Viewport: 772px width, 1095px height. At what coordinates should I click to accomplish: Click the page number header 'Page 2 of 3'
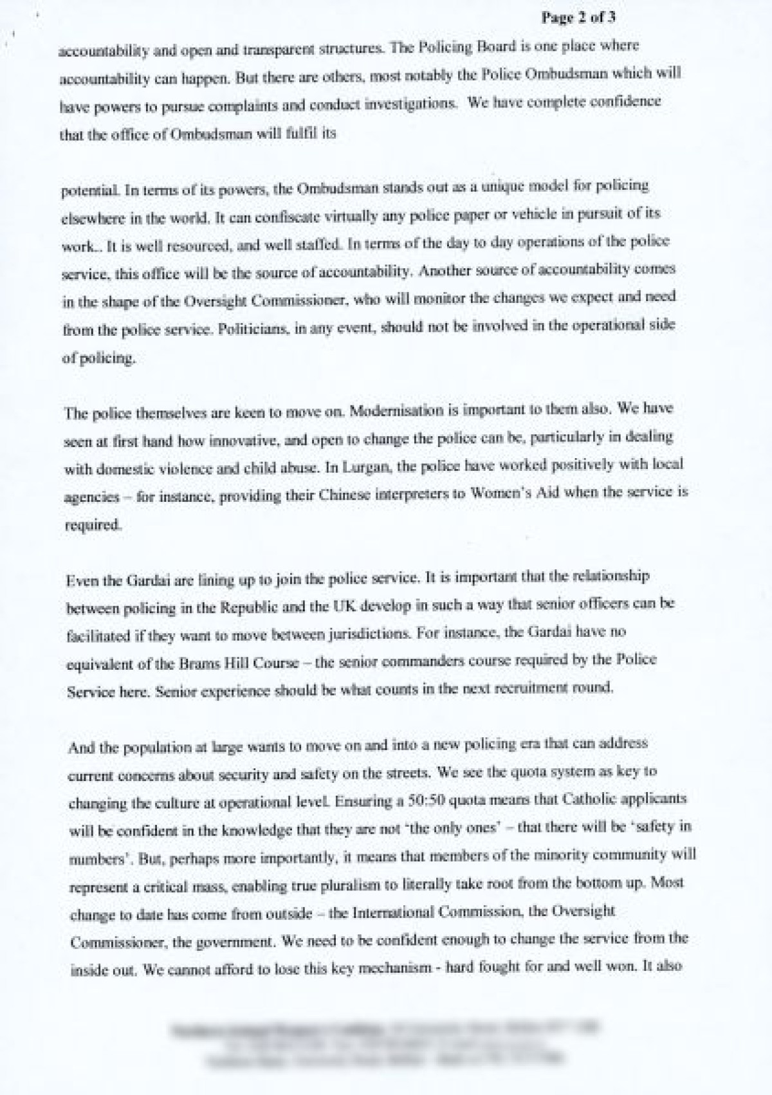pyautogui.click(x=578, y=18)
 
